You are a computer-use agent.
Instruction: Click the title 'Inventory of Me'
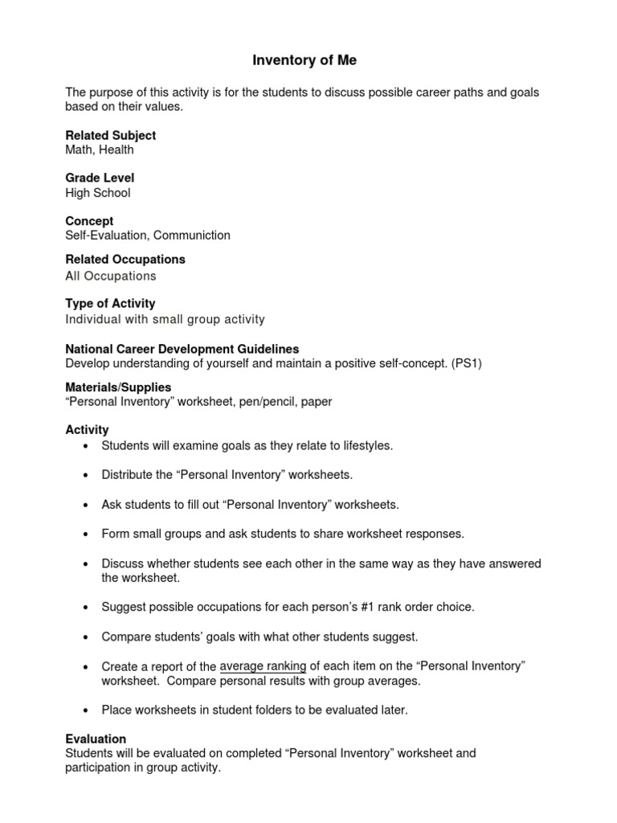304,60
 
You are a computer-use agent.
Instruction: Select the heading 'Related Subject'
110,135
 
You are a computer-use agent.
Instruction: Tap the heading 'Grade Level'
100,178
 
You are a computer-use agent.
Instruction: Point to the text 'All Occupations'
110,276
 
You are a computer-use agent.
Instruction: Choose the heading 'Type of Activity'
110,304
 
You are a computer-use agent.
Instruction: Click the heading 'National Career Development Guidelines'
182,349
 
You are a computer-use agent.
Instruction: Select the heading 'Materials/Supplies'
118,387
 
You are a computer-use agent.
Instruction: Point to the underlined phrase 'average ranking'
263,666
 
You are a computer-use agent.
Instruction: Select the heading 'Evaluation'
96,739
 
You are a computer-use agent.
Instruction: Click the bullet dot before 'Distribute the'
86,475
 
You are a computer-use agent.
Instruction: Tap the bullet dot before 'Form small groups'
86,534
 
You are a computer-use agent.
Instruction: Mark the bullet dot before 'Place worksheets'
86,710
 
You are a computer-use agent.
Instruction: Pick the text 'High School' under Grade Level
97,193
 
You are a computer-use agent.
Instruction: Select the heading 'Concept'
89,221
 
